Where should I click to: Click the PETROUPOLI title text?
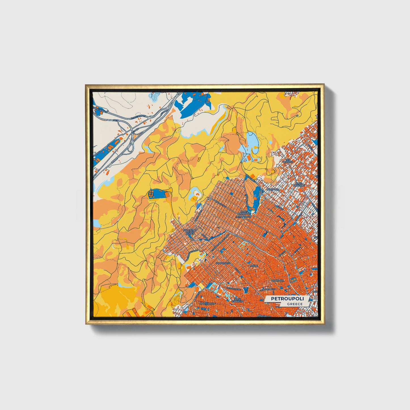287,299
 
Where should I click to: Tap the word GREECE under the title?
295,304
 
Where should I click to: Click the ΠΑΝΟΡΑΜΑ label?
273,189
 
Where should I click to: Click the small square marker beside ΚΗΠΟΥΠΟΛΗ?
232,264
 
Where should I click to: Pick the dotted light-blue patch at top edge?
155,97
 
